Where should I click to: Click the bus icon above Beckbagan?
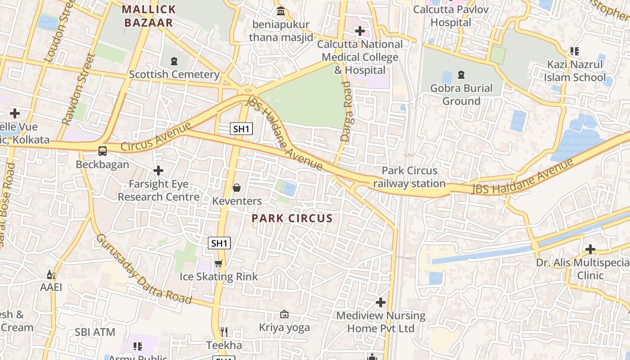[x=103, y=151]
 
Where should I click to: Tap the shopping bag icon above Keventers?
[x=237, y=188]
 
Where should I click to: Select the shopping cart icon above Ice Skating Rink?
[x=219, y=263]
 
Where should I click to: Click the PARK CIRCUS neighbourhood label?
[x=292, y=219]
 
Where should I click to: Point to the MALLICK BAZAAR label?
[x=148, y=16]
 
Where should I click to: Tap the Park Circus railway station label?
[x=409, y=177]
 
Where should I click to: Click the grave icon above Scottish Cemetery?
[x=174, y=61]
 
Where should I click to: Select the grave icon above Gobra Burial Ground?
[x=461, y=74]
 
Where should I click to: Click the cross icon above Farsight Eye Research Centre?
[x=158, y=171]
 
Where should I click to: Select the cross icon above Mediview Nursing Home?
[x=381, y=302]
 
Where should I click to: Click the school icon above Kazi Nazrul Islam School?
[x=574, y=51]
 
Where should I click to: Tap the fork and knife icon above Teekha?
[x=224, y=332]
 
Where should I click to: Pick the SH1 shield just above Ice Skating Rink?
[x=220, y=243]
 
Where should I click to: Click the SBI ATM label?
[x=95, y=332]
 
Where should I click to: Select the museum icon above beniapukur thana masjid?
[x=281, y=11]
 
